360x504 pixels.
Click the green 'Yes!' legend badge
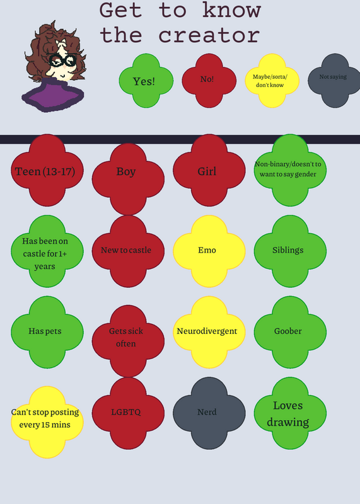tap(146, 81)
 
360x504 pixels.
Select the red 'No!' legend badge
tap(209, 81)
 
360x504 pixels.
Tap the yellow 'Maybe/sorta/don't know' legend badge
tap(272, 81)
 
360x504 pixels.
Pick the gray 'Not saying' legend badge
tap(335, 81)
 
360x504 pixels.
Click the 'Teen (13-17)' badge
tap(47, 170)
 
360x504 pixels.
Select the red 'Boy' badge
tap(128, 179)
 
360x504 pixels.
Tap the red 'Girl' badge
tap(209, 170)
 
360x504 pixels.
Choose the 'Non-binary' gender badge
tap(290, 170)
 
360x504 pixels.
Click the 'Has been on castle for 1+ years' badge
tap(47, 251)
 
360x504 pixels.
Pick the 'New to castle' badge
tap(128, 251)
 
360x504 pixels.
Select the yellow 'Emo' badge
tap(209, 251)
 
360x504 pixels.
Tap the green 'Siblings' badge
tap(290, 251)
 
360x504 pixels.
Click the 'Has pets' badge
tap(47, 333)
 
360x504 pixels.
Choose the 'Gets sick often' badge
tap(128, 341)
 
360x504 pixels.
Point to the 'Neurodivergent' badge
tap(209, 333)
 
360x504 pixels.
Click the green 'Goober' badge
tap(290, 333)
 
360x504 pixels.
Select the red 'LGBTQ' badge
tap(128, 413)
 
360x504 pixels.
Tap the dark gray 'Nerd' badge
tap(209, 413)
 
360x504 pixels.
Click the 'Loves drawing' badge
tap(290, 413)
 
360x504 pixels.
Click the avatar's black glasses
tap(63, 60)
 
